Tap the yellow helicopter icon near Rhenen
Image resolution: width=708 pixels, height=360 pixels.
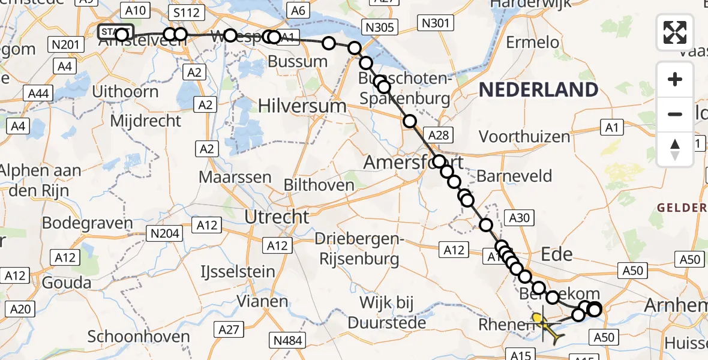tap(546, 326)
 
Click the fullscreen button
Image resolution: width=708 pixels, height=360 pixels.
tap(675, 32)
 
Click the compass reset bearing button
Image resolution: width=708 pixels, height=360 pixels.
tap(675, 149)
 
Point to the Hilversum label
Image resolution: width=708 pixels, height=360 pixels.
tap(302, 106)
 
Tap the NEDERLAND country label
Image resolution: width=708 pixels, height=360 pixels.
tap(538, 90)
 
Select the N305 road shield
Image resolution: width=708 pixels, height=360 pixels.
tap(379, 26)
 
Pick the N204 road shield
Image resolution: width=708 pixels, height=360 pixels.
tap(165, 233)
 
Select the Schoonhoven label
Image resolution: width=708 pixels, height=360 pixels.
tap(139, 337)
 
